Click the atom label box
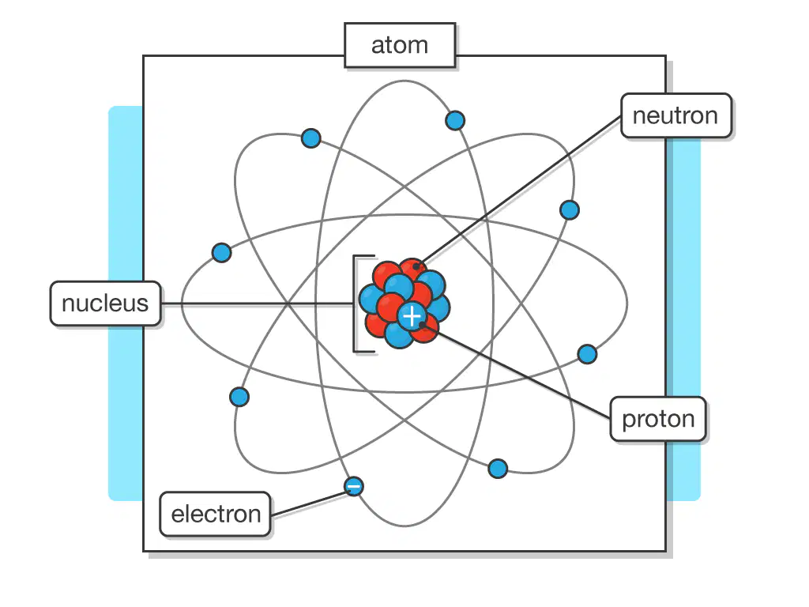tap(400, 45)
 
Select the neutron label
tap(676, 115)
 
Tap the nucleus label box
tap(105, 303)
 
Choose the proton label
tap(658, 419)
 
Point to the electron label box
tap(216, 514)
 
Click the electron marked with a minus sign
tap(353, 486)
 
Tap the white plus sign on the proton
tap(412, 316)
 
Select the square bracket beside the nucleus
tap(356, 303)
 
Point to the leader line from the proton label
tap(516, 371)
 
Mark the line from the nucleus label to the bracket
tap(257, 303)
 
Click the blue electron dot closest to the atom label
tap(455, 121)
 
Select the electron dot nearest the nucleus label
tap(222, 253)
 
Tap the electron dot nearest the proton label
tap(587, 354)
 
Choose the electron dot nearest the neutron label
tap(570, 210)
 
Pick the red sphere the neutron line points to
tap(412, 270)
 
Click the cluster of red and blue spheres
tap(404, 303)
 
